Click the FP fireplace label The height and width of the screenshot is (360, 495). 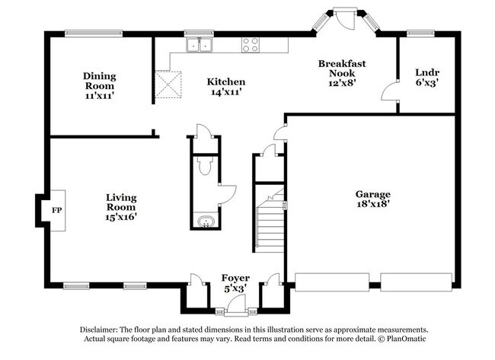click(56, 209)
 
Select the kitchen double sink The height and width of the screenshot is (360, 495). click(200, 45)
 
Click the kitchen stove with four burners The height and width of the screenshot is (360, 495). click(251, 45)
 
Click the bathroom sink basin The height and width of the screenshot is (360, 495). click(204, 222)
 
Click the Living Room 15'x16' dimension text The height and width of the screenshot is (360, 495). click(121, 216)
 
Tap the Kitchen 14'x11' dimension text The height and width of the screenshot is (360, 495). click(226, 92)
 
